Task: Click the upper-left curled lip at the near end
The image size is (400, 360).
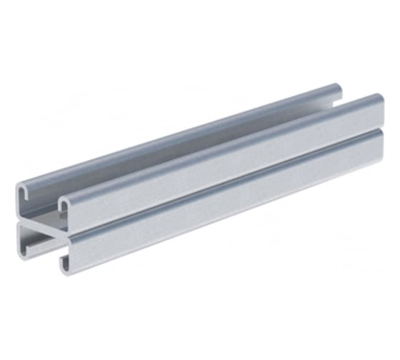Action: click(23, 189)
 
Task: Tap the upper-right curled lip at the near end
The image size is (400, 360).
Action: click(64, 204)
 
